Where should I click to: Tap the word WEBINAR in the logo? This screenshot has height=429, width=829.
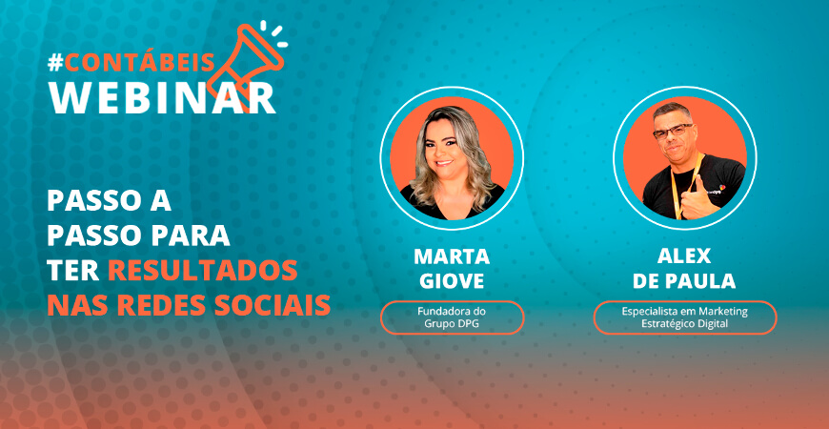point(162,97)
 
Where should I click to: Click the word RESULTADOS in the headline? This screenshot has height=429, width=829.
point(202,270)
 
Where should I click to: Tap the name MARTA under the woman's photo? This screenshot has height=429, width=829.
point(452,257)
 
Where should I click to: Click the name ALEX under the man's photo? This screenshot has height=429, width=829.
point(684,257)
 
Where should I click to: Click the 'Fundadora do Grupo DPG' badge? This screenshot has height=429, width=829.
point(452,317)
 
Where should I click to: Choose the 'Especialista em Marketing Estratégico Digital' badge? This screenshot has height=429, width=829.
point(684,317)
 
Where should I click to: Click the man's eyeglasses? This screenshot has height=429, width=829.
point(674,132)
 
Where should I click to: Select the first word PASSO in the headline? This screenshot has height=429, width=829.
point(91,202)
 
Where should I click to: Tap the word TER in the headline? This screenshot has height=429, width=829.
point(72,270)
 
